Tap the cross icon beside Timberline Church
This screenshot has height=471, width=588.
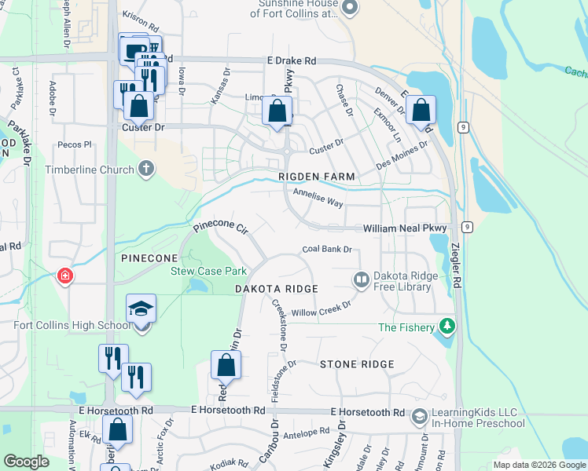pos(145,168)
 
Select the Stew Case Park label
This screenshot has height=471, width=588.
pos(209,271)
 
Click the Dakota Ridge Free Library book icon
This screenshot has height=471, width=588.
pos(362,279)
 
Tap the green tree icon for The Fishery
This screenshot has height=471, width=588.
pos(447,325)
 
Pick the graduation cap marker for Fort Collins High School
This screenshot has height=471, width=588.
pos(141,309)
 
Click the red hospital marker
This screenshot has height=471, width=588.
pos(64,276)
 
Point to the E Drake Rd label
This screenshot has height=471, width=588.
pos(291,60)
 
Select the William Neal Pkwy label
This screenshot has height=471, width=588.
pos(405,228)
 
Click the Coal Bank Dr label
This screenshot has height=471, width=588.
pos(326,250)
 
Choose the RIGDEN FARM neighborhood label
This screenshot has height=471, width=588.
pos(317,177)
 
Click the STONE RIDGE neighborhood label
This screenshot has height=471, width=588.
pos(356,364)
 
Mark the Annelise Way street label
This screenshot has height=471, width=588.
pos(318,197)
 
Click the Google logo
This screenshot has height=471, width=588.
pos(26,462)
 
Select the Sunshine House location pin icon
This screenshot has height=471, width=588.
pos(351,9)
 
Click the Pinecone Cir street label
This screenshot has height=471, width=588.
pos(221,228)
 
